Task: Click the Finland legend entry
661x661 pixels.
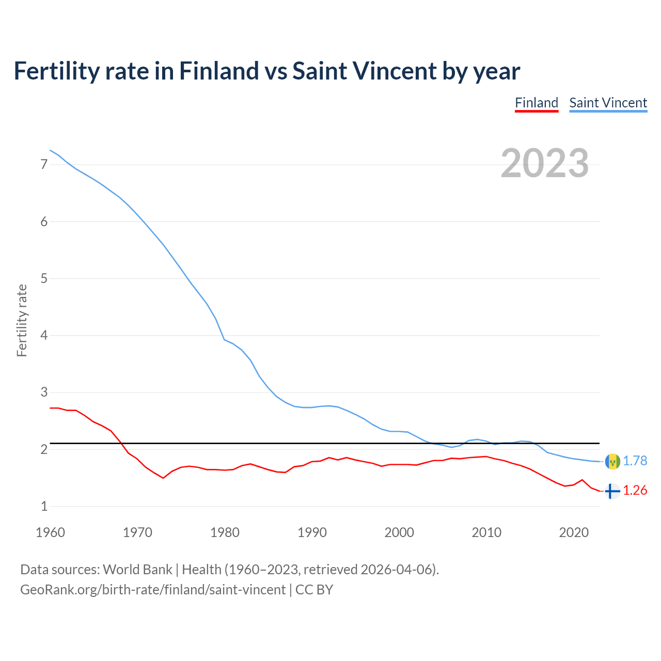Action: pos(537,103)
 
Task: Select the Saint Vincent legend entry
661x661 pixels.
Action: pos(608,103)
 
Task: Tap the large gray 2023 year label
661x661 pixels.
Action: pos(544,163)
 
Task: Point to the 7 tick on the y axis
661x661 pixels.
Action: pos(44,165)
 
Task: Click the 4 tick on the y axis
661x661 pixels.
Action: pos(44,336)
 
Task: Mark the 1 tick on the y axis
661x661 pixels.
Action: pos(44,507)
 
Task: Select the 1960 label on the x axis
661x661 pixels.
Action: pos(50,532)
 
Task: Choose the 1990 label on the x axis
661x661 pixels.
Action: pos(312,532)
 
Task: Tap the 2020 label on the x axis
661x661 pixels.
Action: pos(574,532)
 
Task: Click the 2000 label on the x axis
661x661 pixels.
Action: pos(399,532)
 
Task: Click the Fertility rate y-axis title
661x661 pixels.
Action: pos(22,320)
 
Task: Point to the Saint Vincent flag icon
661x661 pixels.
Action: pos(612,461)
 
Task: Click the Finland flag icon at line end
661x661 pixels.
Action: pos(612,491)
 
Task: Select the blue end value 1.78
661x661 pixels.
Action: pos(635,461)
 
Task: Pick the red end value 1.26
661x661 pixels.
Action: pos(635,491)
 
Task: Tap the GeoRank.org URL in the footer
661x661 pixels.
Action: pos(152,590)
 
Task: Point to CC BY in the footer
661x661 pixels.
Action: pos(314,590)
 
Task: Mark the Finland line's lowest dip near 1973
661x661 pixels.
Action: pos(163,478)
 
